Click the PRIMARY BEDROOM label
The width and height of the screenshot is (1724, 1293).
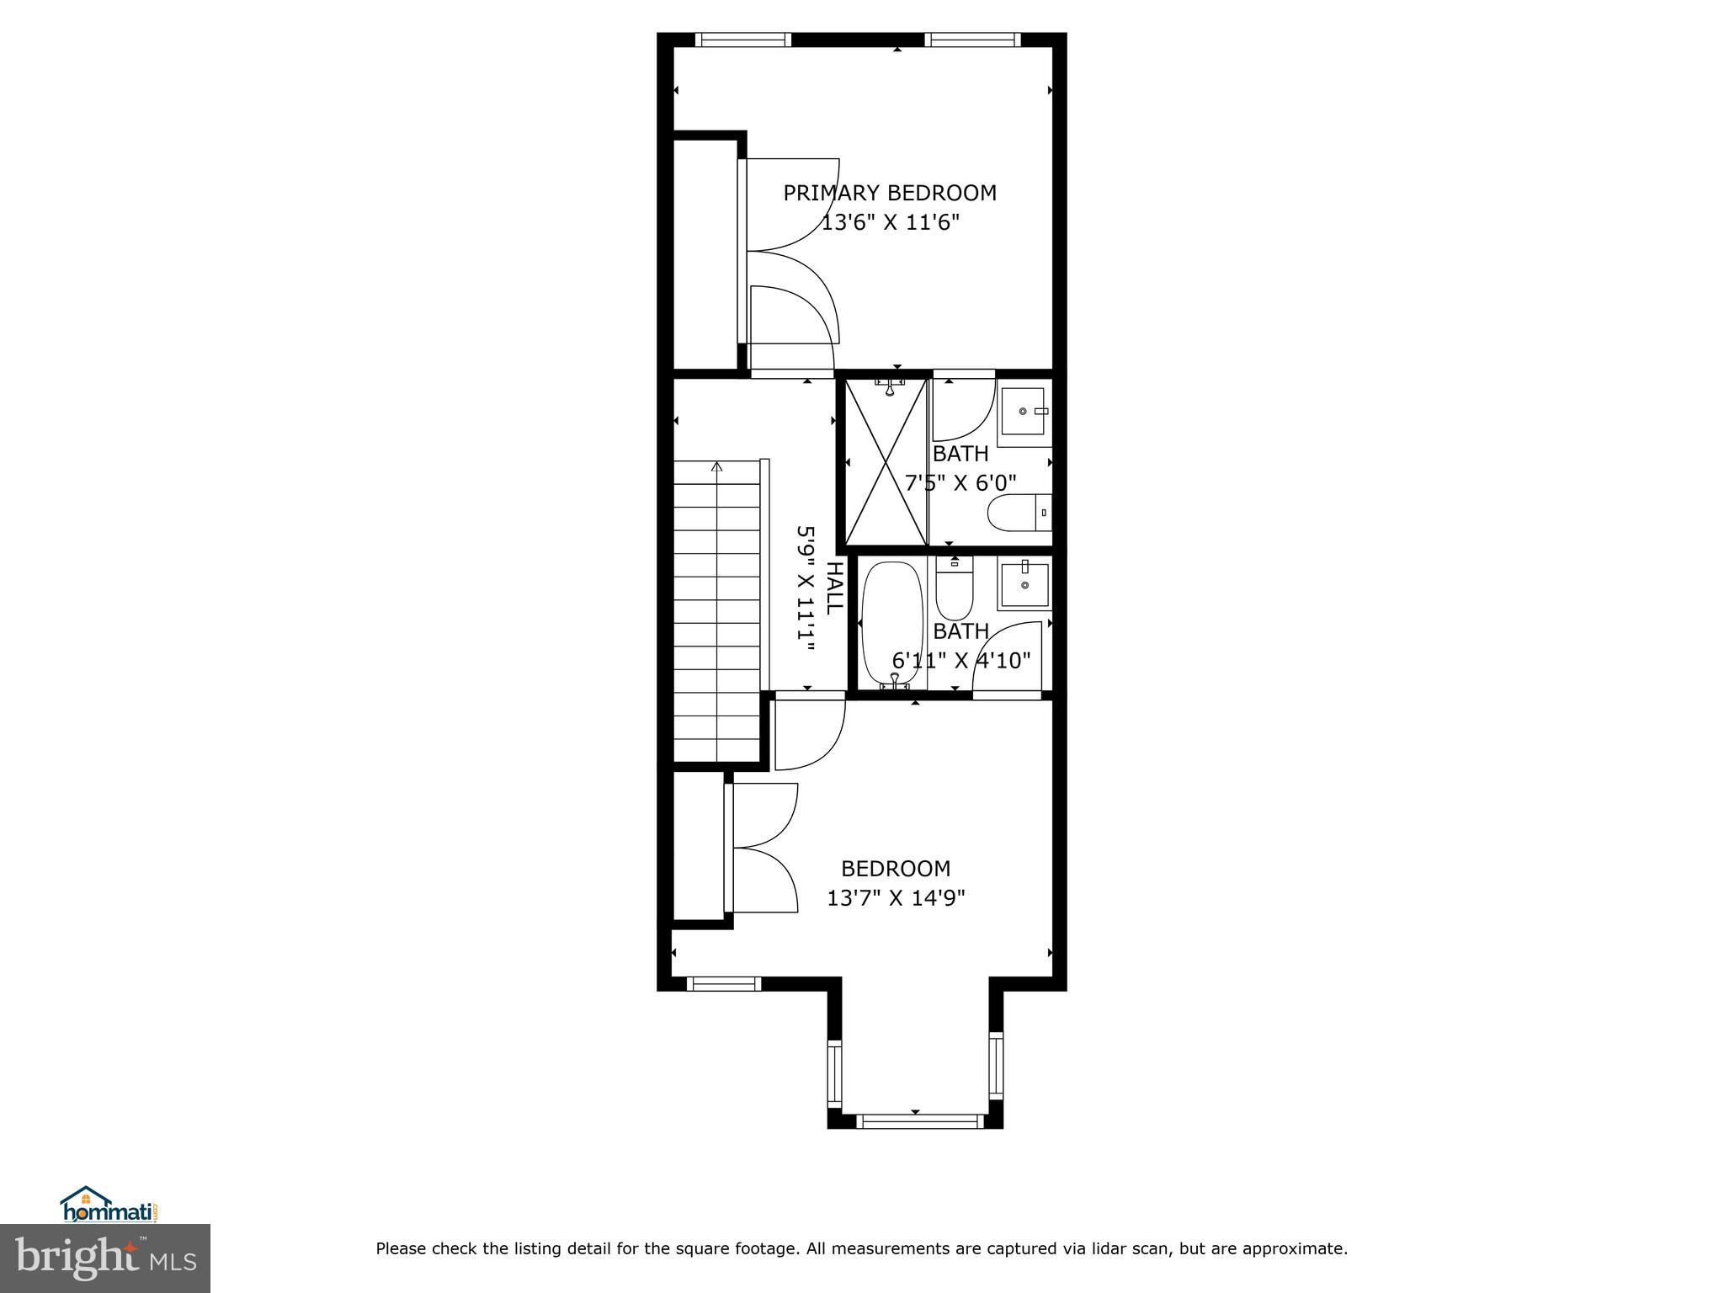click(x=890, y=193)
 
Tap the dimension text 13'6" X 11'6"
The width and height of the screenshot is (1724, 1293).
click(x=890, y=223)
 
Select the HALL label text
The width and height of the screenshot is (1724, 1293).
click(x=833, y=588)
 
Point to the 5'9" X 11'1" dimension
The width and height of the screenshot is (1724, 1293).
click(x=806, y=588)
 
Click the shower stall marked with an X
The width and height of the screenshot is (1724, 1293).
click(x=886, y=461)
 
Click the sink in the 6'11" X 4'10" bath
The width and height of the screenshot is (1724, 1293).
click(x=1024, y=584)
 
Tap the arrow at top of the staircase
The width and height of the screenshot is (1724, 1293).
click(x=717, y=466)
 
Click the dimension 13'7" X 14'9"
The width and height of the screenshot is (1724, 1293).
click(x=896, y=898)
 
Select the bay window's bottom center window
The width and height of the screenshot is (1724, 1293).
click(x=919, y=1120)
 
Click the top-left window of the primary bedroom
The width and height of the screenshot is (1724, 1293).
click(x=743, y=39)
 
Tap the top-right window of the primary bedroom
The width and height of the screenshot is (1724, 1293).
click(x=972, y=39)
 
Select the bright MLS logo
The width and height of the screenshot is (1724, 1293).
click(x=105, y=1258)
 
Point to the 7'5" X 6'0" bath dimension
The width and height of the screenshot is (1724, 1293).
click(x=960, y=483)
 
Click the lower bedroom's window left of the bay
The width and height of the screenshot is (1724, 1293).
click(x=724, y=983)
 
